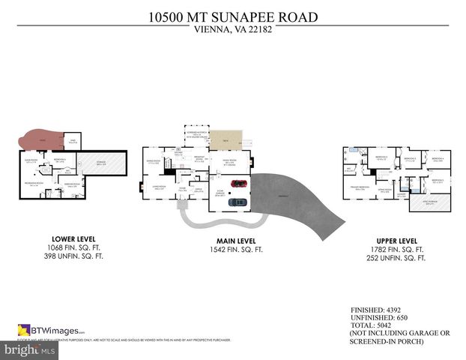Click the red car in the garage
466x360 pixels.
[238, 184]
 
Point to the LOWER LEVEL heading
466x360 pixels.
[73, 239]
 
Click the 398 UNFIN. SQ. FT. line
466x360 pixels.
[73, 256]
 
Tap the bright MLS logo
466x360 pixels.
[30, 350]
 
